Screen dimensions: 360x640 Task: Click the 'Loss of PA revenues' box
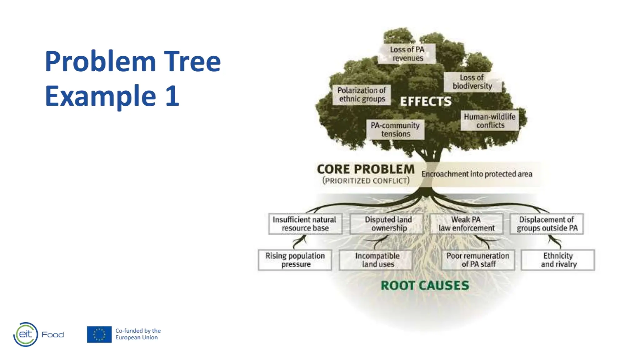407,54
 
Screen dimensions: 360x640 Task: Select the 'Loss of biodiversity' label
472,82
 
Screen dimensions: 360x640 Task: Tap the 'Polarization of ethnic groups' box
362,95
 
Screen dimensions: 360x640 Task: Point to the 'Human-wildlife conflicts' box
490,121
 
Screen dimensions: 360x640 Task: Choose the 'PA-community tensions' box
395,130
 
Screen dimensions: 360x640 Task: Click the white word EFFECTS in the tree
426,102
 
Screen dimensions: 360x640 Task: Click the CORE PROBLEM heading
366,169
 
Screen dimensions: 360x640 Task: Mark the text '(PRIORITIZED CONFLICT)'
366,181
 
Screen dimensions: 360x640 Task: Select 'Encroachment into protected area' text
477,174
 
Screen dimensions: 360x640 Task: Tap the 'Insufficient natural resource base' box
305,224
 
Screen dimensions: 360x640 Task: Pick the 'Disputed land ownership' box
388,224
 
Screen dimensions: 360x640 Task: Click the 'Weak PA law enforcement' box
466,224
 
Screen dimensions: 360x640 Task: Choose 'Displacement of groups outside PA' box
547,224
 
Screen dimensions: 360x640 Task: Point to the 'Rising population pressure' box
295,260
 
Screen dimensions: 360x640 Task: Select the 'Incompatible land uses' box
377,260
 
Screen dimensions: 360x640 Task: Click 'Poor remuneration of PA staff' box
478,260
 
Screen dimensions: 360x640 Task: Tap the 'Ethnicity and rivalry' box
558,260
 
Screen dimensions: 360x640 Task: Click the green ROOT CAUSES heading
425,286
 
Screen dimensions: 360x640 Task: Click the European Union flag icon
99,334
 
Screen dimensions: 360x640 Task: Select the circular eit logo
26,334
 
